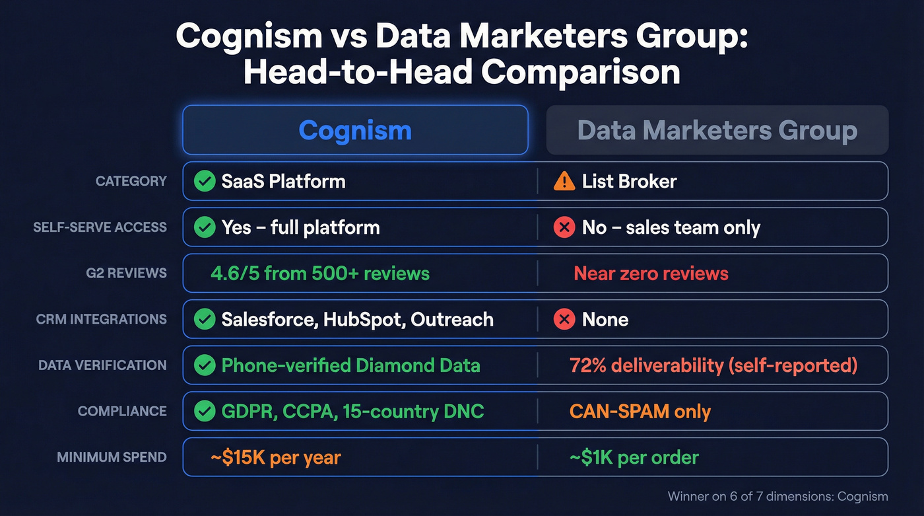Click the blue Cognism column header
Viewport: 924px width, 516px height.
(355, 130)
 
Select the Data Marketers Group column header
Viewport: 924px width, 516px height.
(717, 130)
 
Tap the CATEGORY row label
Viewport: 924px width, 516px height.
(131, 181)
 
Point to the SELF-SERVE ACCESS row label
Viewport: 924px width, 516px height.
(100, 227)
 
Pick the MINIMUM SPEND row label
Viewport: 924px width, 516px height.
(112, 457)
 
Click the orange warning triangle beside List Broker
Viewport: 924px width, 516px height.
(564, 180)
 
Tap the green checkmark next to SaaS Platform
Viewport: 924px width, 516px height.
(205, 181)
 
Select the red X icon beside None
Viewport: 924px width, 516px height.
(564, 320)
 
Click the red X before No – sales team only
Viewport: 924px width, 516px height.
(564, 228)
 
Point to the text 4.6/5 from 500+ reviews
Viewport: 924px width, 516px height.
(320, 273)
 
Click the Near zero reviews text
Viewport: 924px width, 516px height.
(651, 273)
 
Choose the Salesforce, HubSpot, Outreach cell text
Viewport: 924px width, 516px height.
(357, 320)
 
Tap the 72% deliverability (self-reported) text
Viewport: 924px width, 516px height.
(713, 365)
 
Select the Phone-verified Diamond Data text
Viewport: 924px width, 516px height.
(350, 365)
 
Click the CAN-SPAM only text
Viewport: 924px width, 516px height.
(640, 412)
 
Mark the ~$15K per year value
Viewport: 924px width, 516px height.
(275, 457)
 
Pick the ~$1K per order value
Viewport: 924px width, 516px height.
(634, 457)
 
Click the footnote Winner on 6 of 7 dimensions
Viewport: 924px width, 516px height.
(777, 496)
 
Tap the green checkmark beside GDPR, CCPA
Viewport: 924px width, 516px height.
(205, 412)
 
